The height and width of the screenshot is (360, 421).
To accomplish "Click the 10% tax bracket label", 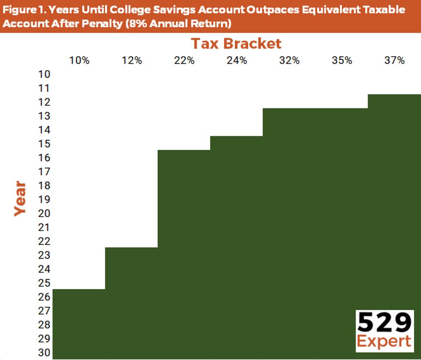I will click(x=79, y=61).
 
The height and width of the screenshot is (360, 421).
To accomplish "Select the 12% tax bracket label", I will click(x=132, y=61).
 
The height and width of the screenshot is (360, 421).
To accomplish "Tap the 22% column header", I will click(x=184, y=61).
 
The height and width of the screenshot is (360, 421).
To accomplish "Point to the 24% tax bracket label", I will click(x=237, y=61).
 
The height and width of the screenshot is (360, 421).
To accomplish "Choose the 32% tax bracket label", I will click(x=289, y=61).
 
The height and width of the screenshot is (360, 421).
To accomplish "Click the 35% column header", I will click(x=342, y=61).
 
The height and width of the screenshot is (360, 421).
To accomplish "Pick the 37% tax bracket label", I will click(x=394, y=61).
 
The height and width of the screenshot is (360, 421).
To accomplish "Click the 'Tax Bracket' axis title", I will click(x=236, y=44).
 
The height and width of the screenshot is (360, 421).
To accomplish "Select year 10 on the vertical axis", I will click(x=45, y=74).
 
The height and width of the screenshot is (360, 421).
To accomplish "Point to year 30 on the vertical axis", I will click(x=45, y=353).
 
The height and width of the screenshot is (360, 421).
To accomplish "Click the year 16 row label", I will click(x=45, y=158).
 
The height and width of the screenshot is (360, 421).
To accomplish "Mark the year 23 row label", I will click(x=45, y=255).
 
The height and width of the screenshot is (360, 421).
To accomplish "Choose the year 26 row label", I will click(x=45, y=297).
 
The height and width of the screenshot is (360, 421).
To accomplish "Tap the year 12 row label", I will click(x=45, y=102).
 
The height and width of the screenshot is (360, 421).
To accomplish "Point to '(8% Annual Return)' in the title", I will click(x=178, y=23).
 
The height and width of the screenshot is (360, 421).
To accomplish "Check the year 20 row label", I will click(x=45, y=214).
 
